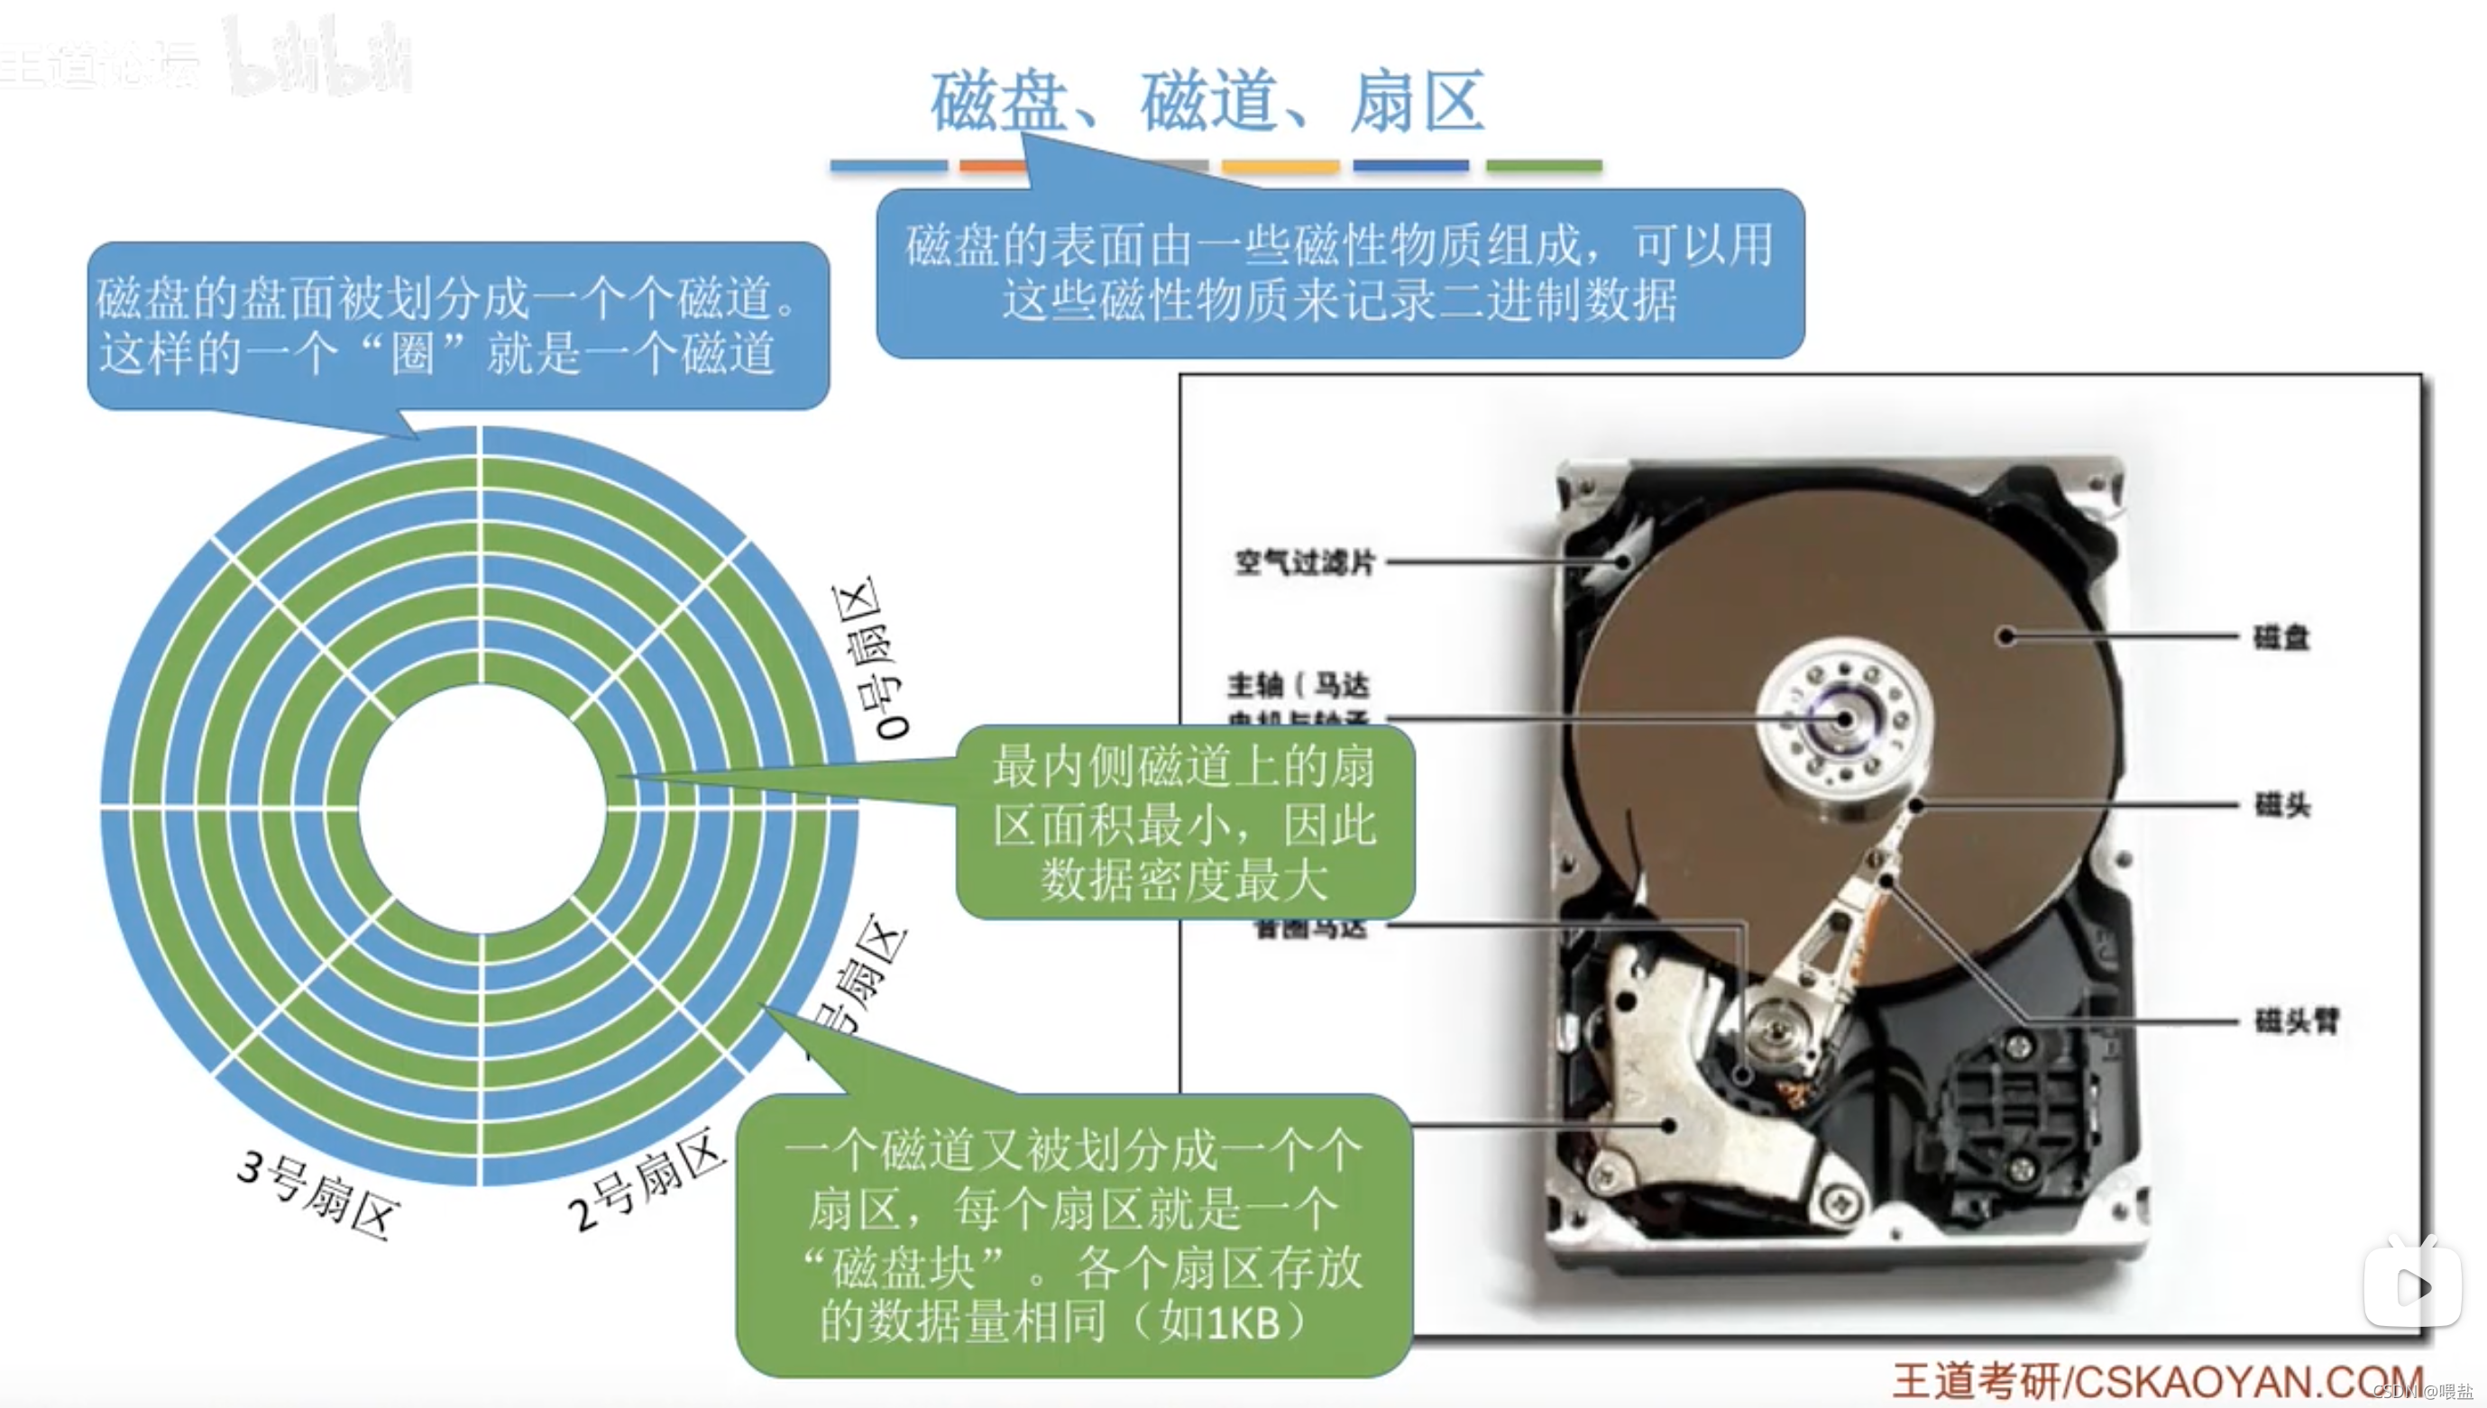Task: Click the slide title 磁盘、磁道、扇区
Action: point(1207,101)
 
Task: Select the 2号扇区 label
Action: point(647,1179)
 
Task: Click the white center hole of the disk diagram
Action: point(481,809)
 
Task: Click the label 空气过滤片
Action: point(1304,562)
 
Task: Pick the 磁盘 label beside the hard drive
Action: point(2281,637)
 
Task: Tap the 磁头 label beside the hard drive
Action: point(2282,805)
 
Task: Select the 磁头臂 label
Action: point(2297,1020)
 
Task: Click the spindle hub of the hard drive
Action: point(1844,719)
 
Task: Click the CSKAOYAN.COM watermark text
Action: point(2244,1381)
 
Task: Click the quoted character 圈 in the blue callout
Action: point(413,352)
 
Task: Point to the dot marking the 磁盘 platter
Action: point(2006,636)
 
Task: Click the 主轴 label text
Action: point(1254,686)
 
